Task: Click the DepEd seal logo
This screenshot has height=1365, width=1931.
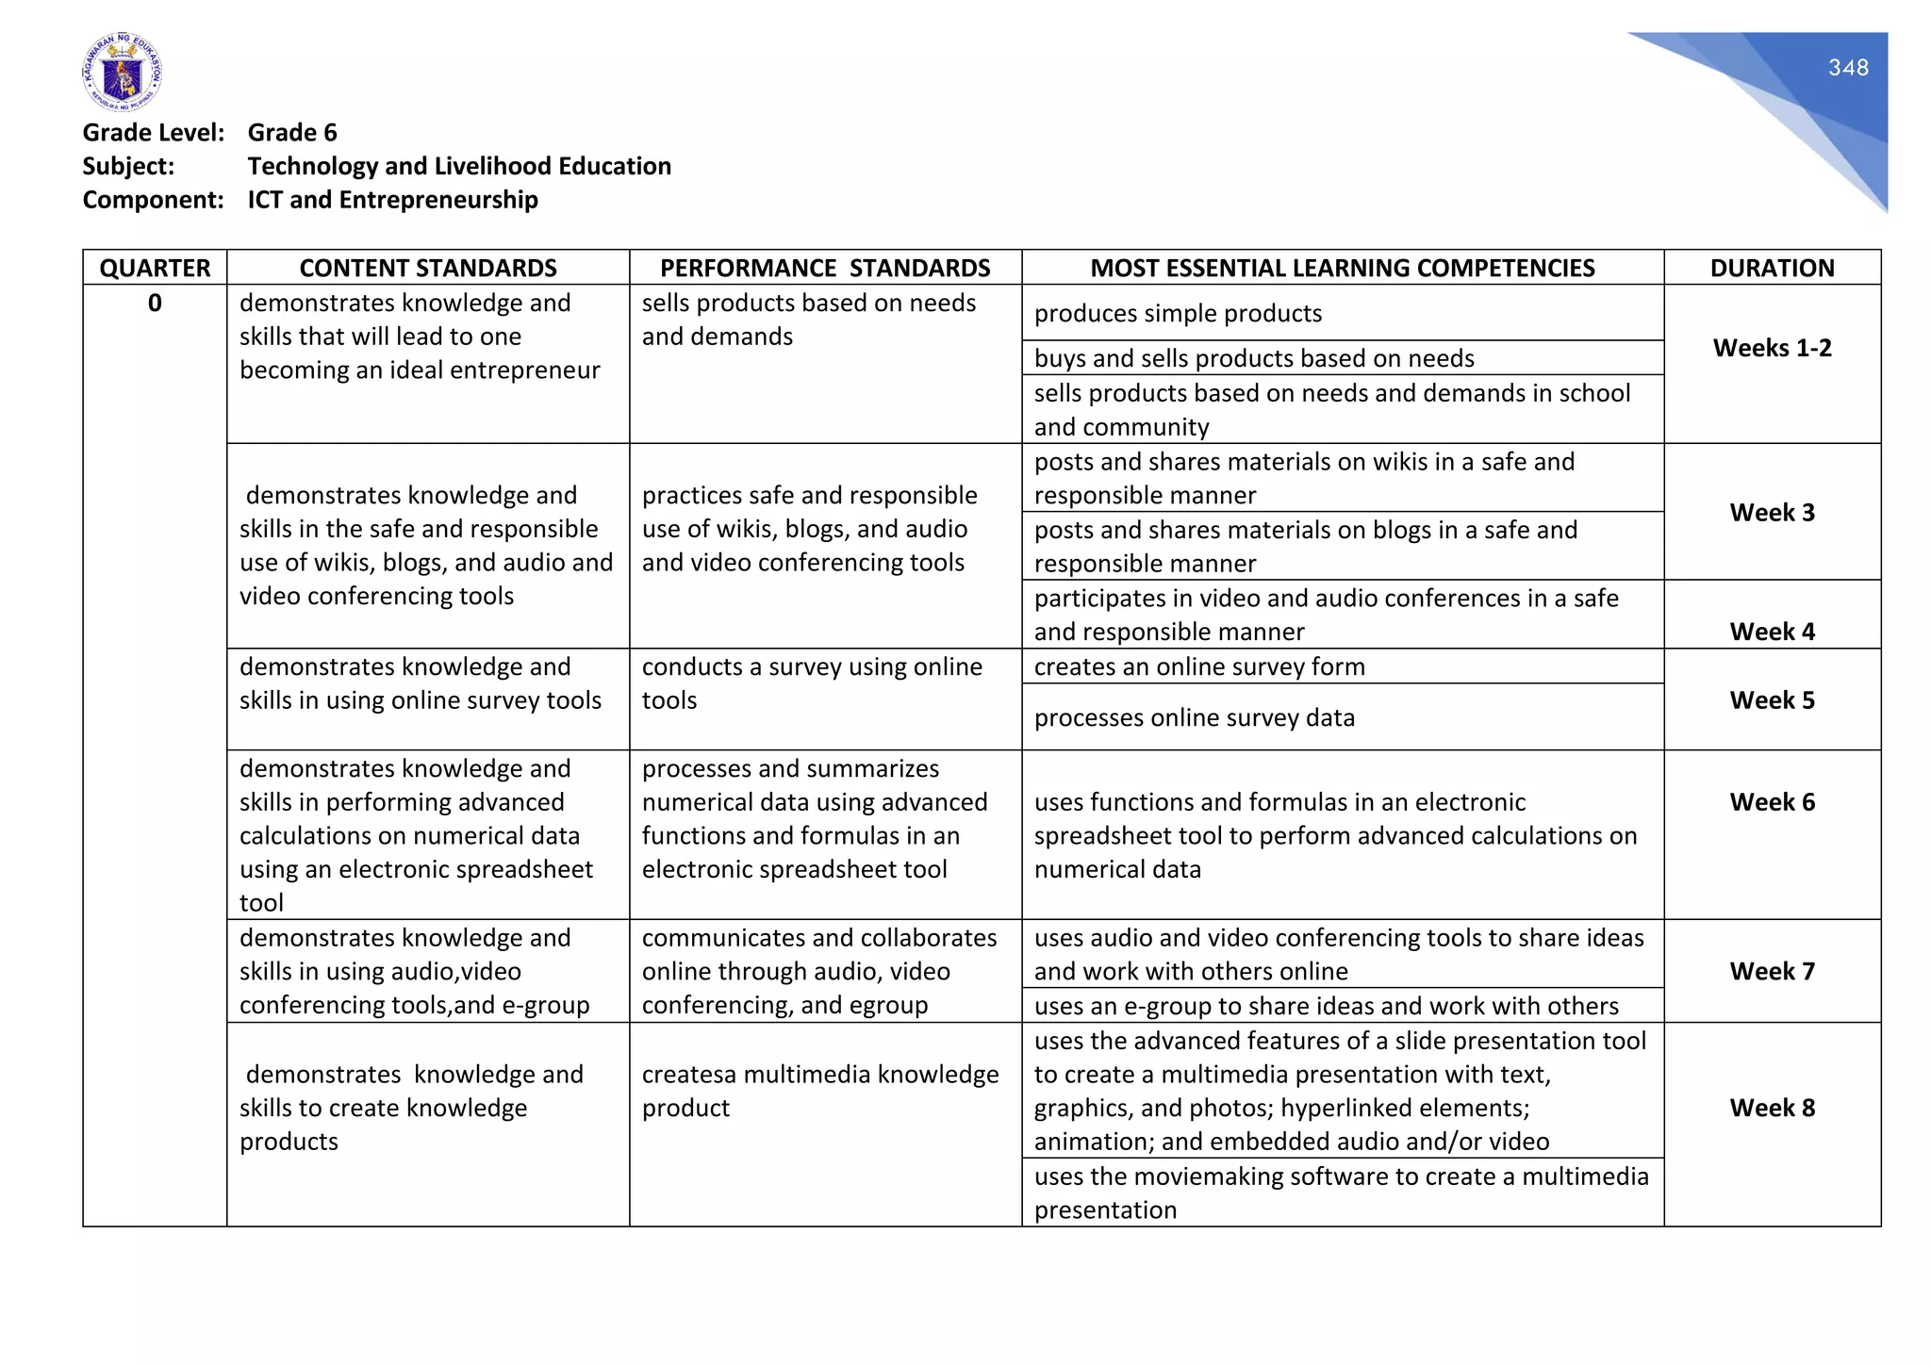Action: click(x=122, y=72)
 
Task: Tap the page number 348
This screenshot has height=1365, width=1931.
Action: click(x=1847, y=68)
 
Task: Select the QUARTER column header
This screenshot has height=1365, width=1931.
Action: click(x=155, y=268)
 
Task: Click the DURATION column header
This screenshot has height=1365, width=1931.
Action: click(x=1772, y=268)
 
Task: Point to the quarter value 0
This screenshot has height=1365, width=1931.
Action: click(x=155, y=304)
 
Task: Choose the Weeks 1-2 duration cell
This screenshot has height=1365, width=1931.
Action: click(x=1772, y=348)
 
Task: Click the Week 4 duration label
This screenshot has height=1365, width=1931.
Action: click(x=1772, y=632)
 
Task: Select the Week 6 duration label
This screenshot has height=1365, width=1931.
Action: click(x=1772, y=802)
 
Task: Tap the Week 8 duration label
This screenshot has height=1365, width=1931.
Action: click(x=1772, y=1108)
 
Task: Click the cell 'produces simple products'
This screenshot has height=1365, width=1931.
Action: click(x=1178, y=314)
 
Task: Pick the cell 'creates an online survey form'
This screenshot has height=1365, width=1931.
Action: click(x=1199, y=667)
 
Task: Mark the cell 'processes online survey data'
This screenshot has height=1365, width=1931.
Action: click(x=1194, y=718)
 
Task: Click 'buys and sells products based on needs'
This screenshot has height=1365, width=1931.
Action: click(x=1253, y=359)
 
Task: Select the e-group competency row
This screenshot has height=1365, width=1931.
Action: click(x=1326, y=1006)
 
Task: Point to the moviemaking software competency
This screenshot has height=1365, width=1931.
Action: click(x=1340, y=1192)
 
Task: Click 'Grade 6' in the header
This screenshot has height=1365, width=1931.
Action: click(x=292, y=133)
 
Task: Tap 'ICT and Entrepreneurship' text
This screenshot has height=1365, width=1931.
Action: click(x=392, y=200)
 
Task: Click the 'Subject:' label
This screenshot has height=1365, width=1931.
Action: click(x=128, y=167)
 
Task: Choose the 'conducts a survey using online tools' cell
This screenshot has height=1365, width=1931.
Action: click(x=811, y=683)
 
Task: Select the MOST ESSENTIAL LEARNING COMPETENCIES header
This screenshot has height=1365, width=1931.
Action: click(x=1342, y=268)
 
